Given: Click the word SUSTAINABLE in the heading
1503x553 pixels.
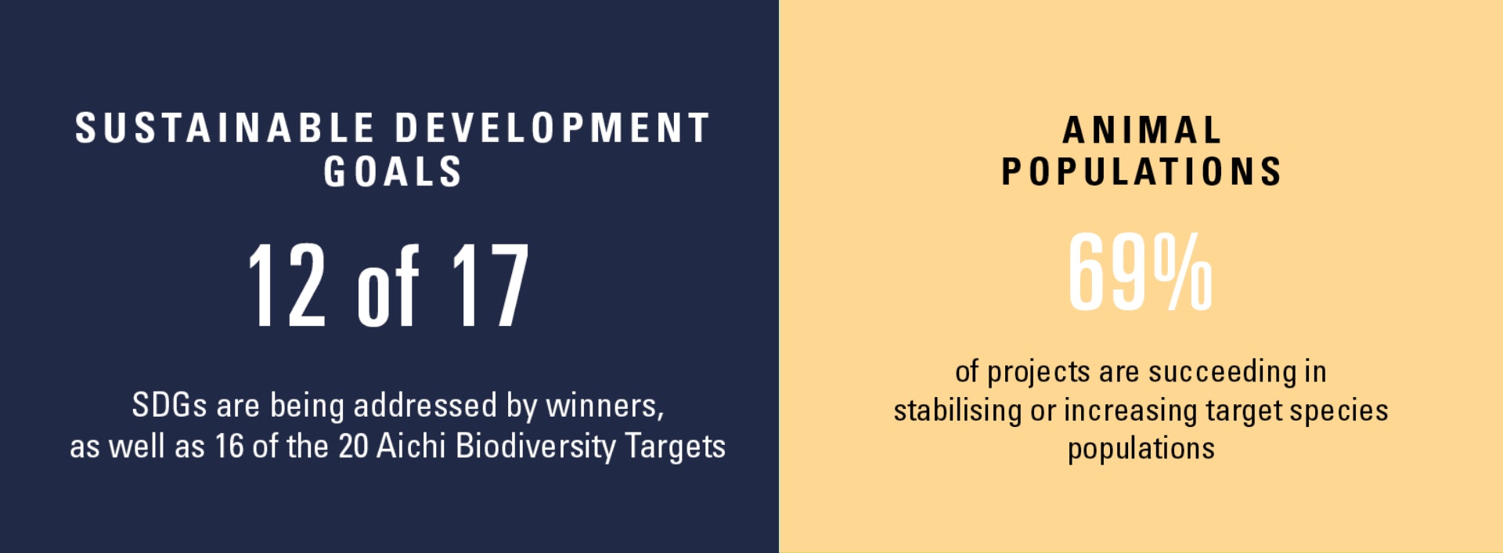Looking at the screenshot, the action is (x=225, y=128).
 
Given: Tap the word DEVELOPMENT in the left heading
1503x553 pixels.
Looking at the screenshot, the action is (x=553, y=128).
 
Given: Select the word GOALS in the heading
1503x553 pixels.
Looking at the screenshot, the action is (x=393, y=172).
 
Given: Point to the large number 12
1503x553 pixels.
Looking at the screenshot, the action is (x=287, y=284).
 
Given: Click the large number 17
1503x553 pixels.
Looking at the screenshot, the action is (x=491, y=284).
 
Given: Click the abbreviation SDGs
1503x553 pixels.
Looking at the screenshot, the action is (x=169, y=406).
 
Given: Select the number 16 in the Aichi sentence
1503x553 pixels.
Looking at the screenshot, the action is (x=229, y=446).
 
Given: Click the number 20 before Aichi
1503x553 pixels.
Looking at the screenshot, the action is (x=353, y=446).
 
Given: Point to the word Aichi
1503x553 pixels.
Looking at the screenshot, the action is (x=411, y=446).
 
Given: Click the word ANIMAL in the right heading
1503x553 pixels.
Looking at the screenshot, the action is (x=1142, y=131).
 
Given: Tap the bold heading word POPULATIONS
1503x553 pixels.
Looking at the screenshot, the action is (x=1142, y=172).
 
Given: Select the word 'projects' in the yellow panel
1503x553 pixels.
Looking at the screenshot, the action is (x=1038, y=373).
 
